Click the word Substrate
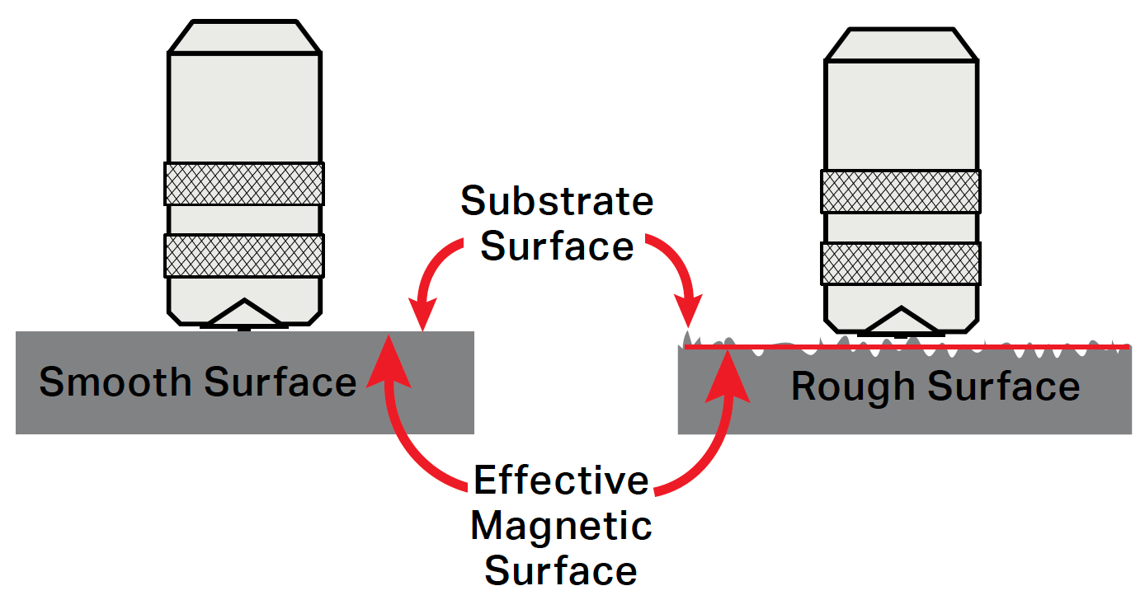click(x=557, y=200)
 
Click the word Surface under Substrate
click(x=557, y=246)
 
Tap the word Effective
click(x=561, y=480)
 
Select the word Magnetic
click(x=561, y=526)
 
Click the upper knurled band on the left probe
click(x=244, y=184)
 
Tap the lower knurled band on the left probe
click(x=244, y=255)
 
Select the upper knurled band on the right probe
click(x=901, y=191)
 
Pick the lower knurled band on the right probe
click(x=901, y=263)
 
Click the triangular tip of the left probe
click(x=243, y=313)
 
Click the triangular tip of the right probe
click(x=901, y=322)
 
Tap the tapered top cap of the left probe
click(x=244, y=36)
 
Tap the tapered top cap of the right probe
click(x=902, y=45)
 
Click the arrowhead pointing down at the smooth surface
click(x=423, y=316)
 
